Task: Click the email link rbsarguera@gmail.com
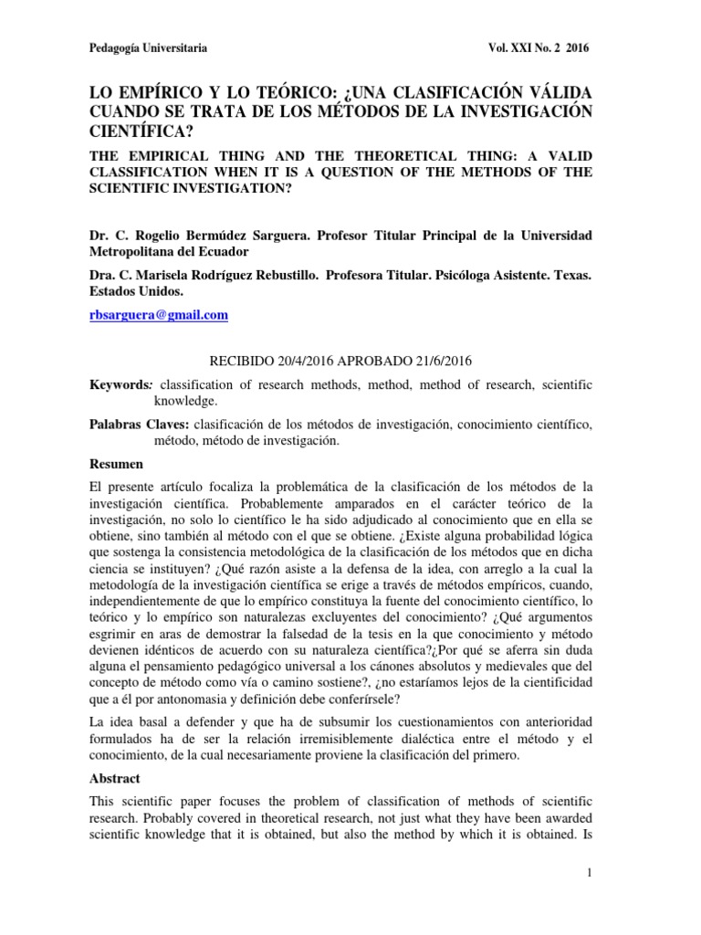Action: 158,315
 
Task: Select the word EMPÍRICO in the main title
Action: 160,93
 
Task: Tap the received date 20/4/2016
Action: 309,361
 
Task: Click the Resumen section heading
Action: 117,464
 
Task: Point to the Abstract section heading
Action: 116,780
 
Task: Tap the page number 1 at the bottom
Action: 590,875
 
